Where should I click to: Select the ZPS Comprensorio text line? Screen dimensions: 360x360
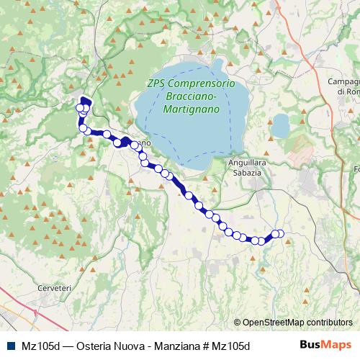[190, 84]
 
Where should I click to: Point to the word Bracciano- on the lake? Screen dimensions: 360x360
[190, 96]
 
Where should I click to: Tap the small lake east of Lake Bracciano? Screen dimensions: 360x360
[279, 127]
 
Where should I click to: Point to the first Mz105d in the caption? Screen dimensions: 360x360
[32, 346]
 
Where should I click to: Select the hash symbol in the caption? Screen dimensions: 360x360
[207, 346]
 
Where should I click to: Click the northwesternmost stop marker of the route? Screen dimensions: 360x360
[80, 108]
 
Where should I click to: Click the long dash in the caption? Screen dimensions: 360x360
[61, 346]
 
